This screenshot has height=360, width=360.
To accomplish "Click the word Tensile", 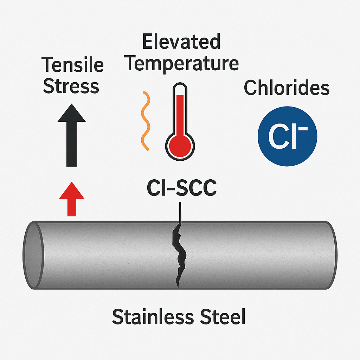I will (73, 65).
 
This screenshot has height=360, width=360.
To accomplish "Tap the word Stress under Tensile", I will (71, 86).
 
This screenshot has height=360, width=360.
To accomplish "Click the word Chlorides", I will (287, 88).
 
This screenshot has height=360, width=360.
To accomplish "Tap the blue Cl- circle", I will (287, 136).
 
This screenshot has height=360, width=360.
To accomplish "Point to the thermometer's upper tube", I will (180, 105).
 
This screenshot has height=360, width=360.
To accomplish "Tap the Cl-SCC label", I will (181, 188).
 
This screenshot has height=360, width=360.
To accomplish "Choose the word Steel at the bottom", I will (220, 317).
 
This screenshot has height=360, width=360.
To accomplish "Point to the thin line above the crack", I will (180, 213).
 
